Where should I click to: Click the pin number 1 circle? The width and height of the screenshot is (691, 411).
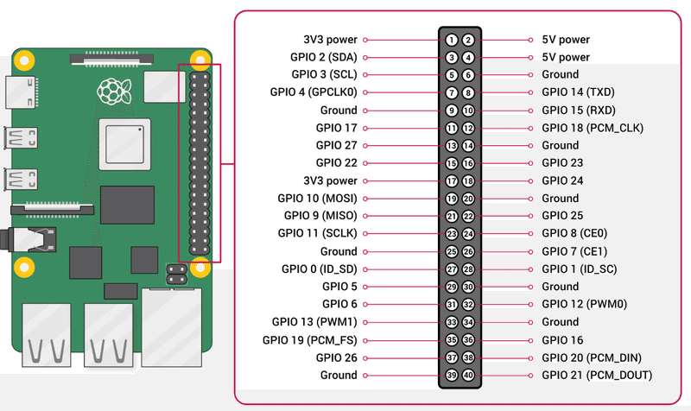point(452,40)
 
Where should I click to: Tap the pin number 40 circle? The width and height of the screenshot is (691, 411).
point(468,376)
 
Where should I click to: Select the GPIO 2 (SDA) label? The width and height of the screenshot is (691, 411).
point(324,57)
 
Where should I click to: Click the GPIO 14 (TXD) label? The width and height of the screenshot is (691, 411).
point(577,92)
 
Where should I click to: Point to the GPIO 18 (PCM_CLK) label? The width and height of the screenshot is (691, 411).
point(592,128)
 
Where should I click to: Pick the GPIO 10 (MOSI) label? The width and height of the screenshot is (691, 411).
point(317,199)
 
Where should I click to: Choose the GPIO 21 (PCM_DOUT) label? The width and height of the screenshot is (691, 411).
point(596,376)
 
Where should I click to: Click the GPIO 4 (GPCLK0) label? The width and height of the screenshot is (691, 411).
point(314,92)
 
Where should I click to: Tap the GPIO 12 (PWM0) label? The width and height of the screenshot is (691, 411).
point(584,305)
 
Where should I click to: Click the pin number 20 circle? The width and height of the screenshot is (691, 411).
point(468,199)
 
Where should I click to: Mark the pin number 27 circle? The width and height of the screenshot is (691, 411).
point(452,269)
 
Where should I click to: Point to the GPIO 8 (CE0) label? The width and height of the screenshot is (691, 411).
point(574,234)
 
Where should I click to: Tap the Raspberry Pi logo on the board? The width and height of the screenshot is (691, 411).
point(110,90)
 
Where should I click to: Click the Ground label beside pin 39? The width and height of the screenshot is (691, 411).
point(339,376)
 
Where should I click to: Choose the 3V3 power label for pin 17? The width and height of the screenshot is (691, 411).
point(330,181)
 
